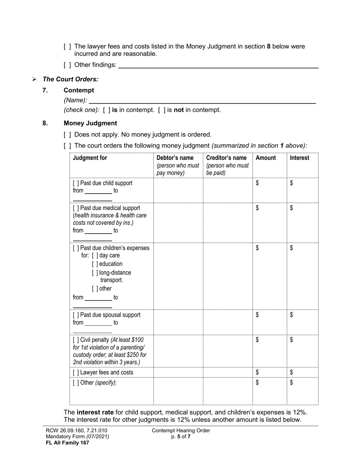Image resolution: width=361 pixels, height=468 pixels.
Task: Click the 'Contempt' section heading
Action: point(79,90)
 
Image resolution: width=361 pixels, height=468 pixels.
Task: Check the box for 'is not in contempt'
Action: point(162,110)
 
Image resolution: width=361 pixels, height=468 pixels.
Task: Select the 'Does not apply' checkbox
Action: point(67,135)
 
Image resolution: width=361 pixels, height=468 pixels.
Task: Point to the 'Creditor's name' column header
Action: point(226,158)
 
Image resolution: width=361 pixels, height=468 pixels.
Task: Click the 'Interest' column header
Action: point(299,158)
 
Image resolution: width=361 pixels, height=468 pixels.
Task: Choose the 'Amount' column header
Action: point(266,158)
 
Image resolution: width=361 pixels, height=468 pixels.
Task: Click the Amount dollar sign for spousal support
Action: point(257,315)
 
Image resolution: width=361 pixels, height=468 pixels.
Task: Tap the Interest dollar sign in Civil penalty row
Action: point(291,340)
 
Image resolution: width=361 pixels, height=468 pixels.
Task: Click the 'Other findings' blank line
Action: point(218,65)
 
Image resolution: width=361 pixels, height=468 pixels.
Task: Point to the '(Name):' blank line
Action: point(202,100)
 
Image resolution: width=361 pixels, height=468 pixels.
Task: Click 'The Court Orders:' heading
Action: point(70,79)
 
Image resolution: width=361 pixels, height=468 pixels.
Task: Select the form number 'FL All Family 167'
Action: point(67,443)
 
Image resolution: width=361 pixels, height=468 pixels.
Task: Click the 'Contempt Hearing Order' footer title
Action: point(180,431)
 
